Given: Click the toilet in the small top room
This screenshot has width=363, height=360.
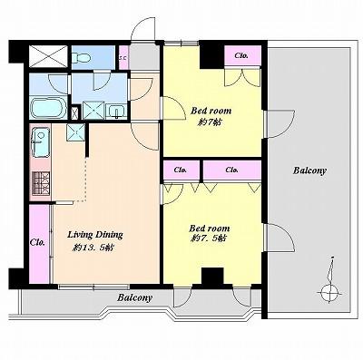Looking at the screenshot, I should (x=82, y=57).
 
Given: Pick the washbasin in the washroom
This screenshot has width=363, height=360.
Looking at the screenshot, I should (x=116, y=112).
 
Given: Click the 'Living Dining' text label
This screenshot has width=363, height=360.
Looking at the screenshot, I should (x=95, y=234).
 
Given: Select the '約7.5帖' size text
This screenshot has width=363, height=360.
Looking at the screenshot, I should (x=209, y=239).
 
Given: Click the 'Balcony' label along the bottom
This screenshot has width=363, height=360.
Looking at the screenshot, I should (x=133, y=297).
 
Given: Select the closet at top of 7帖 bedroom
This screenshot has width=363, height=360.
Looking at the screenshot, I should (x=242, y=56).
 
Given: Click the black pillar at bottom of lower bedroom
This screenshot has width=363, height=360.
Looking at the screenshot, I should (x=212, y=275).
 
